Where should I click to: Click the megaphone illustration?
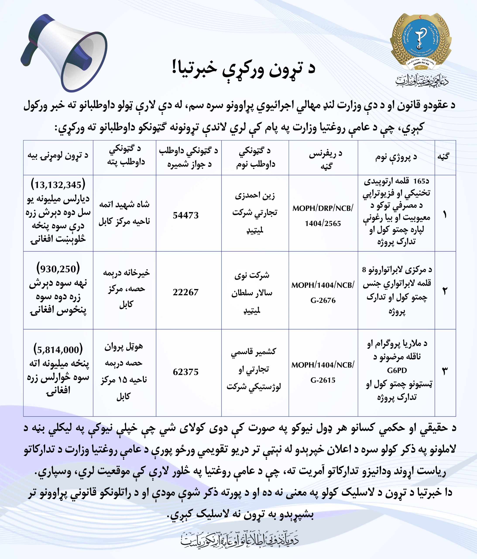pos(65,53)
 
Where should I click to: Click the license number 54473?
pos(185,215)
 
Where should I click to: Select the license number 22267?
pos(185,292)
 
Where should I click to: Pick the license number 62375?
pos(185,372)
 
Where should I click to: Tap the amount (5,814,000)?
pos(58,350)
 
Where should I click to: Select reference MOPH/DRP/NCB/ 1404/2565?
pos(323,216)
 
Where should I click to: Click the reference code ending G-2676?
pos(323,300)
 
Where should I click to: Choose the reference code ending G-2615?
pos(323,380)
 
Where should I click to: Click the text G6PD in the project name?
pos(397,370)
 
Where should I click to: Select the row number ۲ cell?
pos(445,291)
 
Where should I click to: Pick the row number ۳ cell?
pos(445,371)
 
